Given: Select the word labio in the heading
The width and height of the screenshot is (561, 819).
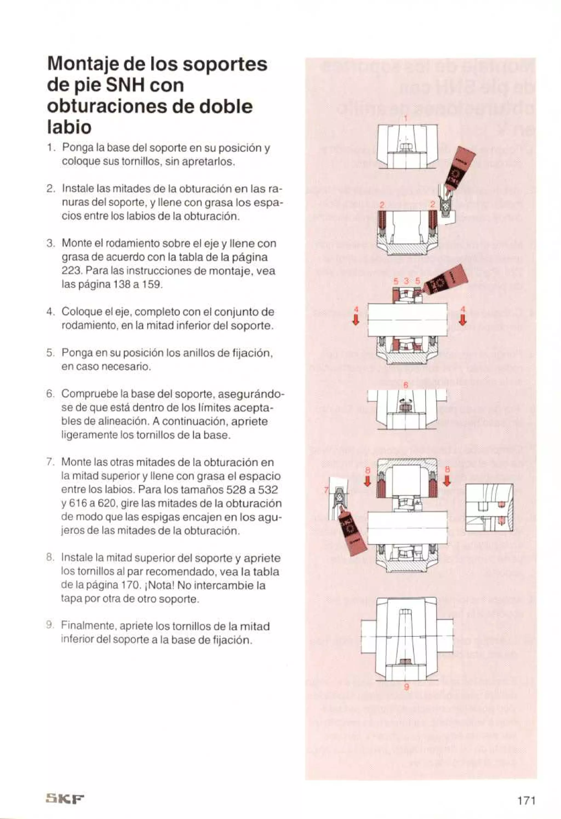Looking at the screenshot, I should [x=69, y=127].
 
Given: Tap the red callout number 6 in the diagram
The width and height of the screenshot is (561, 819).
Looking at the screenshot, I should [x=405, y=385].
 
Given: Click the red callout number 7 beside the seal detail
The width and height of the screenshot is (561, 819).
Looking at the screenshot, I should [x=326, y=490].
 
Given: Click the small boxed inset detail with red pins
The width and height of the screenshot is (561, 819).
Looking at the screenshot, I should [x=489, y=507].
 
